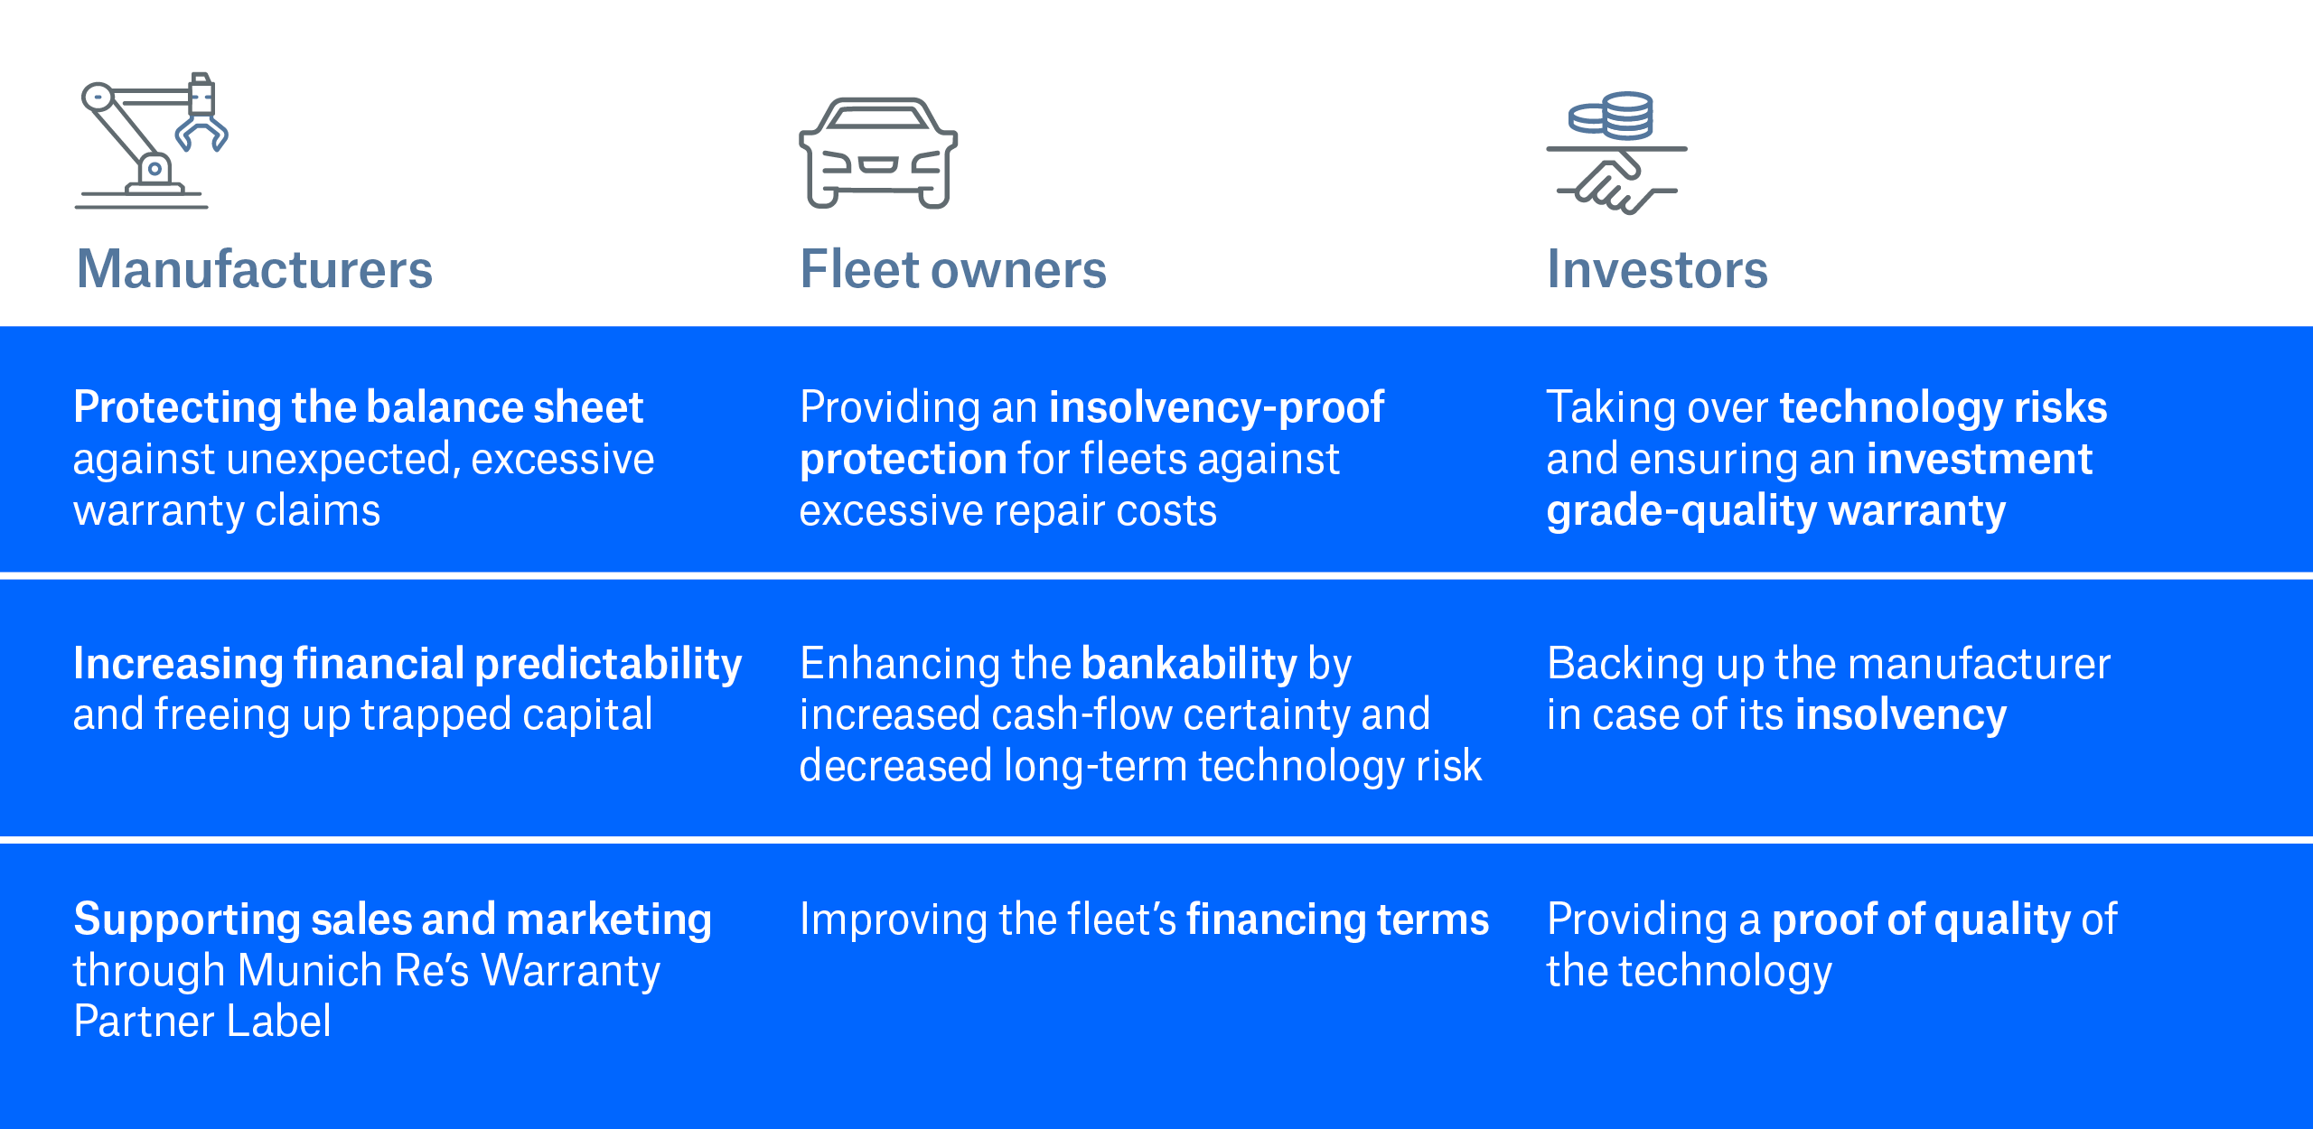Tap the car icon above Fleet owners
coord(877,154)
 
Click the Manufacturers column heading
coord(255,269)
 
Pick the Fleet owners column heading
coord(953,269)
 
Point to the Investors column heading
coord(1657,269)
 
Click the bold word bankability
coord(1189,664)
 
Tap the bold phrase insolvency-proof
coord(1216,407)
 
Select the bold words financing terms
coord(1337,919)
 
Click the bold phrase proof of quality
coord(1921,919)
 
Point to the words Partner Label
coord(202,1022)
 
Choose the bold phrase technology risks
coord(1943,407)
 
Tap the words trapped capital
coord(506,714)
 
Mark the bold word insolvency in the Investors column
coord(1901,714)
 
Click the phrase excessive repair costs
coord(1008,511)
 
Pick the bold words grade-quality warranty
coord(1775,511)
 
